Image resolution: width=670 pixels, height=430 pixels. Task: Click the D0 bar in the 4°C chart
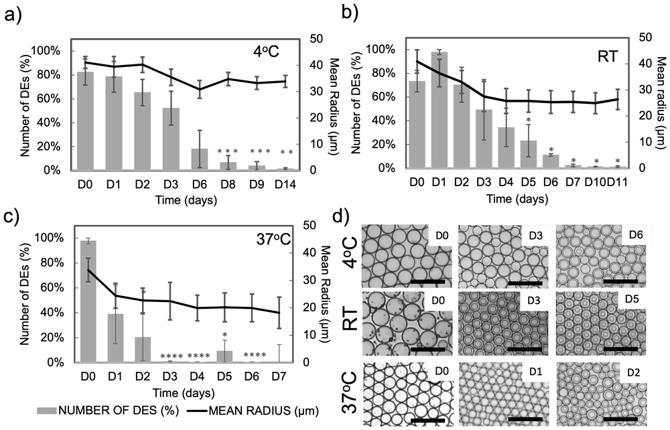[x=85, y=121]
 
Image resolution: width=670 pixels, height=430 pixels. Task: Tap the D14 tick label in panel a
[x=285, y=184]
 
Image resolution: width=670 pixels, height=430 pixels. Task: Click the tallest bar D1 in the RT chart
[x=440, y=110]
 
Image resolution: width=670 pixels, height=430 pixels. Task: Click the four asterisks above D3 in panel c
[x=172, y=356]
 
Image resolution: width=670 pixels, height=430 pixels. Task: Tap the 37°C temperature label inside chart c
[x=273, y=240]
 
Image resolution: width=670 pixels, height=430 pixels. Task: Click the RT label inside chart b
[x=608, y=56]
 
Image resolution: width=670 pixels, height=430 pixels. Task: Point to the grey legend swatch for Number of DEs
[x=47, y=411]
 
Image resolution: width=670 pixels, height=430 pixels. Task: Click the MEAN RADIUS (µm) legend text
[x=263, y=411]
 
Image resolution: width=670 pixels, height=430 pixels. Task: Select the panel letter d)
[x=342, y=218]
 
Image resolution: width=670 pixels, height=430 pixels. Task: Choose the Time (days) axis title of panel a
[x=186, y=200]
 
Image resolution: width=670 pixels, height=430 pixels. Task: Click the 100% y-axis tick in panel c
[x=52, y=238]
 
